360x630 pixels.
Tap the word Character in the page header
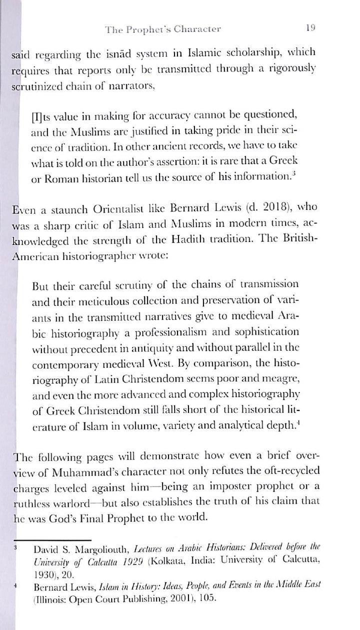pyautogui.click(x=196, y=29)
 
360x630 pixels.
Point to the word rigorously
pyautogui.click(x=294, y=70)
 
